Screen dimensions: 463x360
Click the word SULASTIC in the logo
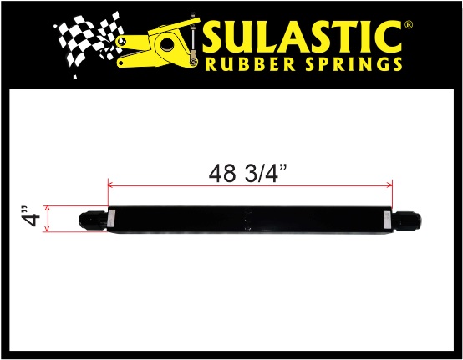point(303,38)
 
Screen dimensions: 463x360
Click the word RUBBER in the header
point(251,64)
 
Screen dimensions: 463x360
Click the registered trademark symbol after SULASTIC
point(409,25)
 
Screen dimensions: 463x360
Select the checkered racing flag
point(89,41)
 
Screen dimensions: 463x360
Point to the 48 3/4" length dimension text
point(247,174)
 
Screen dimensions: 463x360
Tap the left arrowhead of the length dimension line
point(109,185)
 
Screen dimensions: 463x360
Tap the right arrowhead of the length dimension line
point(390,185)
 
